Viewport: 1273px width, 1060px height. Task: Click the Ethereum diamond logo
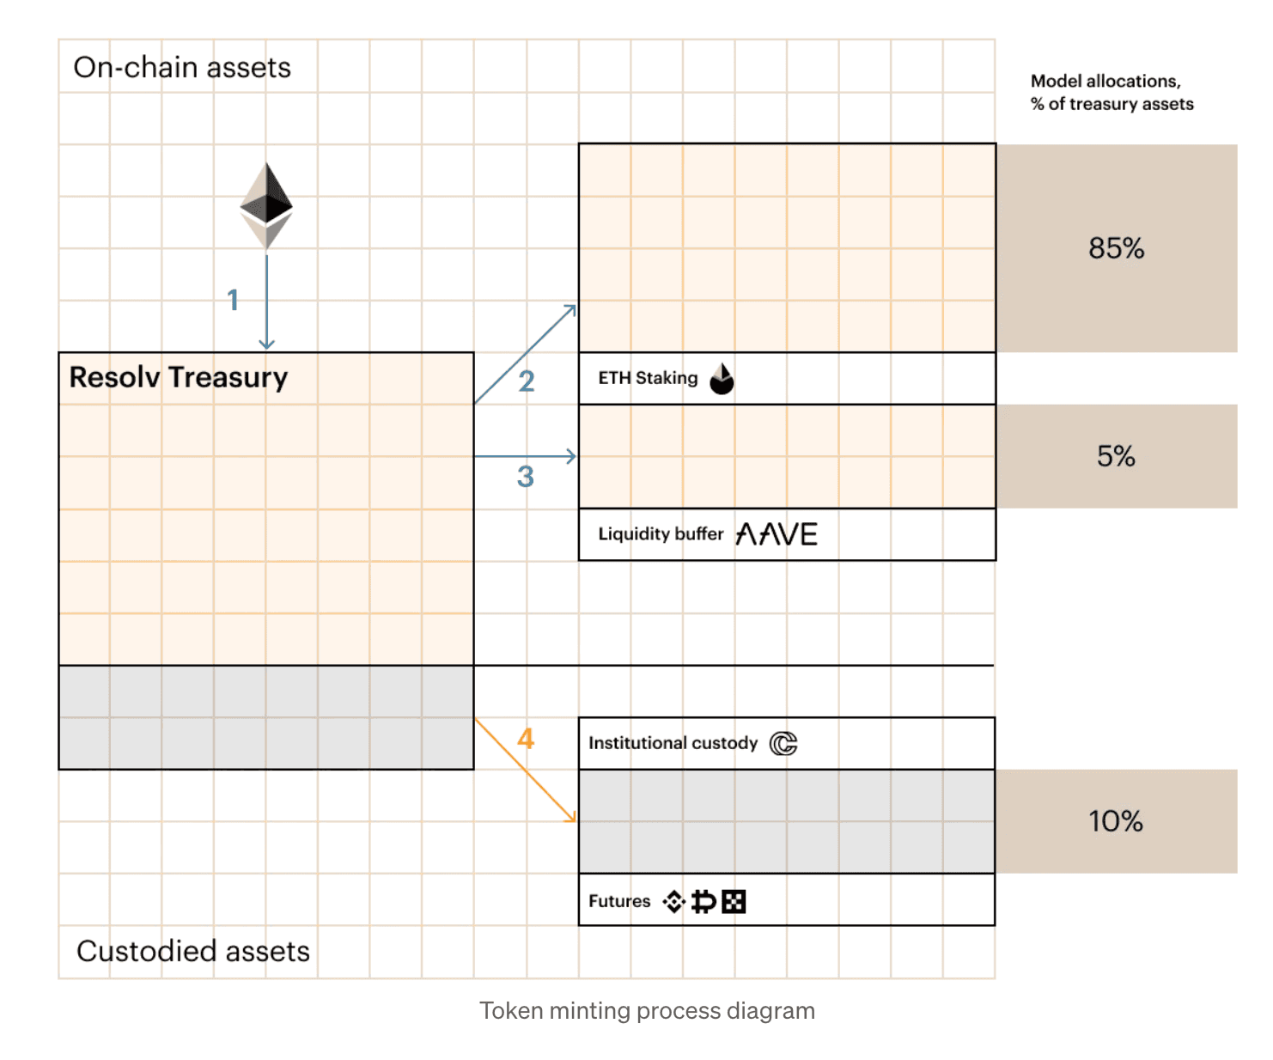(266, 205)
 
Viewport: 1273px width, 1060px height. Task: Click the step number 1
(233, 300)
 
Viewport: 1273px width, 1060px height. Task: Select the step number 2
(527, 381)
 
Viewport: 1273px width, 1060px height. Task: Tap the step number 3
(526, 476)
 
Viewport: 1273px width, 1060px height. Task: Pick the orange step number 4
(526, 739)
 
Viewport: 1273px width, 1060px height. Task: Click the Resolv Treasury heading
(179, 377)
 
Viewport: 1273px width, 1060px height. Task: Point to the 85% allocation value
(1116, 248)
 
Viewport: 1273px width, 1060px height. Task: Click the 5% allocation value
(1116, 456)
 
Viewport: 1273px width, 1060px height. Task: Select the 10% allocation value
(1116, 821)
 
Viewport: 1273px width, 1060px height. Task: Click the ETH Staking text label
(648, 378)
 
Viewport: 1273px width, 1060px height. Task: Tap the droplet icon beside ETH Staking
(722, 378)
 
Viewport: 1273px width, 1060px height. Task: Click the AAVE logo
(777, 534)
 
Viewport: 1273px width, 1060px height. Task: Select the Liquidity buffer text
(661, 534)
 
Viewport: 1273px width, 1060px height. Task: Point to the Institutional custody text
(673, 743)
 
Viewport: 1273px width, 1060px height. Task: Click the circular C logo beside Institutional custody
(783, 743)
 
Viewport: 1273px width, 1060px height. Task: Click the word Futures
(619, 901)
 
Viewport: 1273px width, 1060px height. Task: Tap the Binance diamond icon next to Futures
(674, 901)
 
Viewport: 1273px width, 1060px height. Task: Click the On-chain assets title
(182, 67)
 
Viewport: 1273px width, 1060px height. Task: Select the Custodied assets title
(193, 951)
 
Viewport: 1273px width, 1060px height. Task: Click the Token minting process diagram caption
(647, 1010)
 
